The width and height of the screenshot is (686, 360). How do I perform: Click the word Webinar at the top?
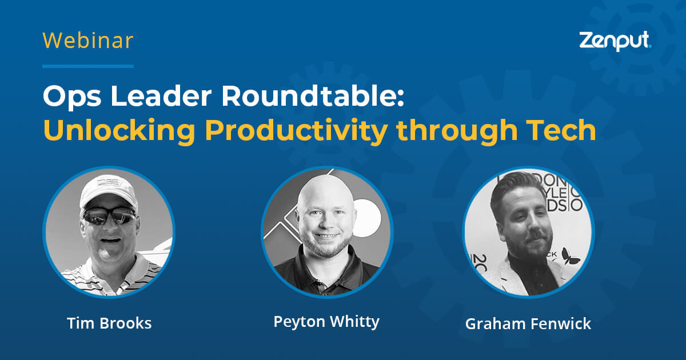(88, 41)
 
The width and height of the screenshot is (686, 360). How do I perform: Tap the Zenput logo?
(615, 41)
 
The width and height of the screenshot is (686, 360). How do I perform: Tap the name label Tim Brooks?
(109, 323)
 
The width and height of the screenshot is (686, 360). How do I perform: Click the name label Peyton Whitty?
(326, 322)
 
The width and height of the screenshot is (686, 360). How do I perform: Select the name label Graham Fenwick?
(528, 324)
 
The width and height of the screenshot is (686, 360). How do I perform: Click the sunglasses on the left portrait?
(109, 216)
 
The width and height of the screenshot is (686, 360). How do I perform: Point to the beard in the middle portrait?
(325, 246)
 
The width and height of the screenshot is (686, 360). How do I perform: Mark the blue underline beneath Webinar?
(88, 66)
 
